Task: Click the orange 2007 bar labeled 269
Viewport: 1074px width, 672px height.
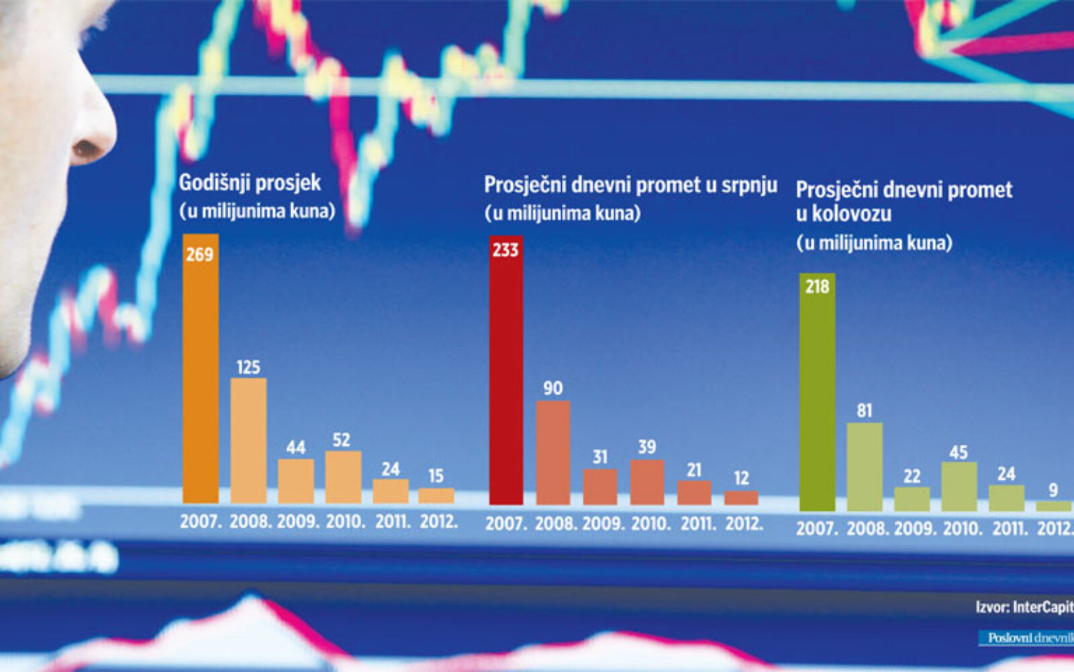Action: [x=200, y=376]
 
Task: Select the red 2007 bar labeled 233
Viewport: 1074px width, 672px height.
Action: [x=505, y=376]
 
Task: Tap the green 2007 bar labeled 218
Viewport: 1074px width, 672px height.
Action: [x=817, y=396]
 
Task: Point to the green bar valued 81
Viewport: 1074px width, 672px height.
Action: [x=865, y=466]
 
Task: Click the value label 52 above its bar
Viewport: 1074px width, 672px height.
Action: [x=341, y=440]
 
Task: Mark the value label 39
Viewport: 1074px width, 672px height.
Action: [x=646, y=448]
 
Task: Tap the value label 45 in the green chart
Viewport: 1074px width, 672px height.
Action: [x=959, y=452]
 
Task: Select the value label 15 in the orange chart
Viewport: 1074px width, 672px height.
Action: [x=436, y=476]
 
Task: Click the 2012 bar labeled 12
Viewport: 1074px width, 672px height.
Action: [x=741, y=498]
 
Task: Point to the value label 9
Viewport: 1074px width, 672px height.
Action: [x=1053, y=491]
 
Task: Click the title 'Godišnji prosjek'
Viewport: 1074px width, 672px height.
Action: [x=250, y=183]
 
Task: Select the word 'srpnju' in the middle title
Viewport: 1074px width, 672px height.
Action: [x=749, y=185]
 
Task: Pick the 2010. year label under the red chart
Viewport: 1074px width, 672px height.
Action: [x=650, y=523]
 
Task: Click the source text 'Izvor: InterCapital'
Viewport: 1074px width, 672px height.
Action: [x=1024, y=607]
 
